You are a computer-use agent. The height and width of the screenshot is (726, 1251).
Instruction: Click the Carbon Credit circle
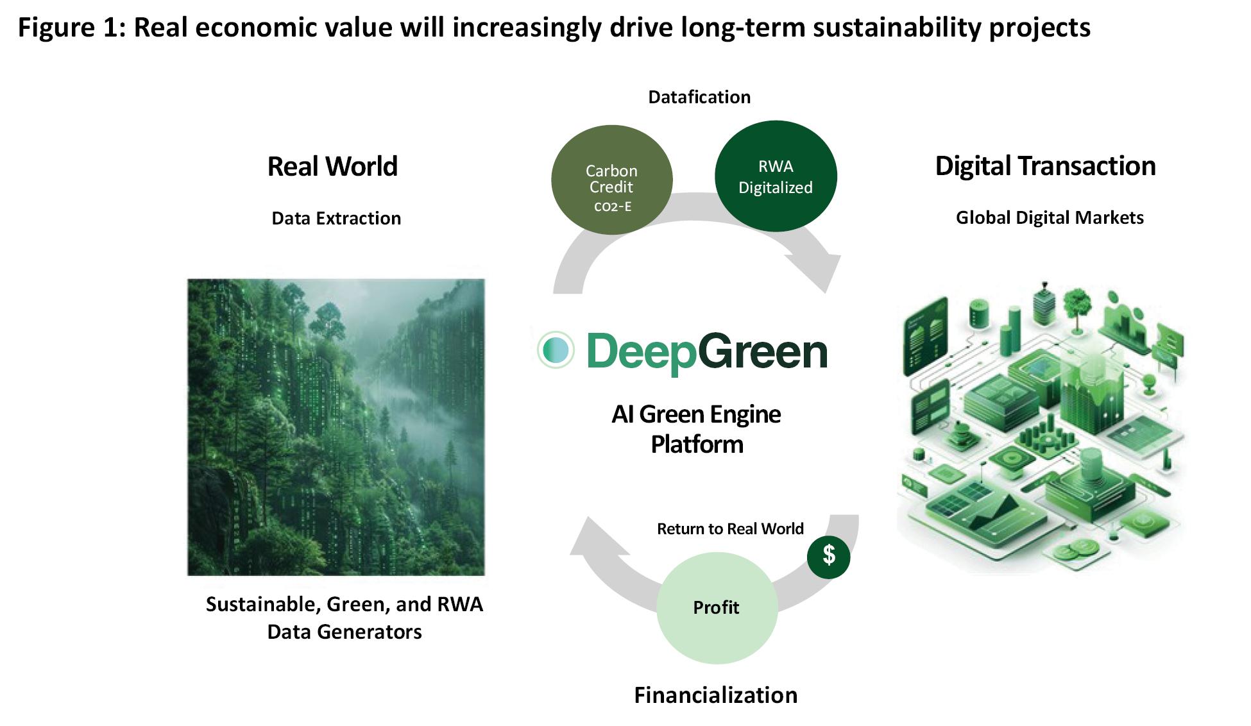(x=612, y=180)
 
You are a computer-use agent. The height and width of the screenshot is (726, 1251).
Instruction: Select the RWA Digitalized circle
(x=776, y=176)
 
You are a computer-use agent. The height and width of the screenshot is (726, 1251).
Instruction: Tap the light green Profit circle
(x=717, y=608)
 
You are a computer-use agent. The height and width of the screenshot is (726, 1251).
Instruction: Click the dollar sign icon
(x=829, y=557)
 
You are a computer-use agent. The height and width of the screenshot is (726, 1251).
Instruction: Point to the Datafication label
(x=699, y=97)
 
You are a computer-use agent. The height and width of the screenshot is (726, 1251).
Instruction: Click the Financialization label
(x=716, y=695)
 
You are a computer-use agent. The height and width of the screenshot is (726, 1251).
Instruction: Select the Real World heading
(x=332, y=166)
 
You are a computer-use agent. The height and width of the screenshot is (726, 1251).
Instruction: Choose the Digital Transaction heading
(x=1046, y=166)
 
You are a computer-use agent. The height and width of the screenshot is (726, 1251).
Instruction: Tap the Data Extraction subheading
(x=336, y=218)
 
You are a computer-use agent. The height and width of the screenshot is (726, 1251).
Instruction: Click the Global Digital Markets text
(x=1050, y=217)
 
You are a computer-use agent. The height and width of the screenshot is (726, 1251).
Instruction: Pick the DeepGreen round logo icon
(x=556, y=350)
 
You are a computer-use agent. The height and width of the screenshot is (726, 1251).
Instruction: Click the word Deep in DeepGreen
(x=642, y=352)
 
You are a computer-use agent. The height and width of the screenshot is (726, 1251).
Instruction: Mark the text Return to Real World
(x=730, y=528)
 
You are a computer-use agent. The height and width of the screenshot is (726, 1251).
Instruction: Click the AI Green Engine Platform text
(x=697, y=429)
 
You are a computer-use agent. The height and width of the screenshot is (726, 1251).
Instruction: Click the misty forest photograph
(x=336, y=427)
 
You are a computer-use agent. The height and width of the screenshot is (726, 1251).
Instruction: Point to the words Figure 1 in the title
(x=71, y=28)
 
